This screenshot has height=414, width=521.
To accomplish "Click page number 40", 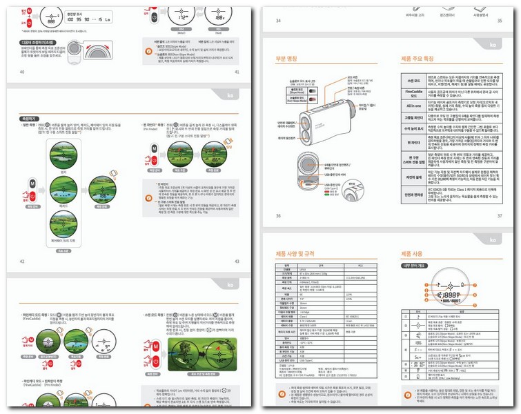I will click(x=22, y=71).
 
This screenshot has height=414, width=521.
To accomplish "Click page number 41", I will click(x=237, y=71).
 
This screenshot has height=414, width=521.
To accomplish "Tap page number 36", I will click(x=278, y=216).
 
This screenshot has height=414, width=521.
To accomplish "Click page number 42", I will click(x=22, y=261).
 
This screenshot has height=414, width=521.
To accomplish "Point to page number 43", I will click(x=237, y=261).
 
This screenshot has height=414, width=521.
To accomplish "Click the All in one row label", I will click(x=413, y=106).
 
